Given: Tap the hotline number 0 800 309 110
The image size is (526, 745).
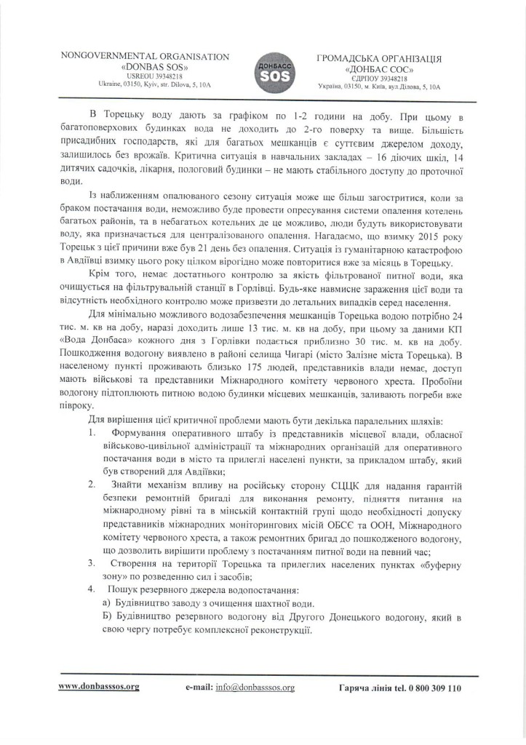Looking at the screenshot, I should [x=431, y=687].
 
